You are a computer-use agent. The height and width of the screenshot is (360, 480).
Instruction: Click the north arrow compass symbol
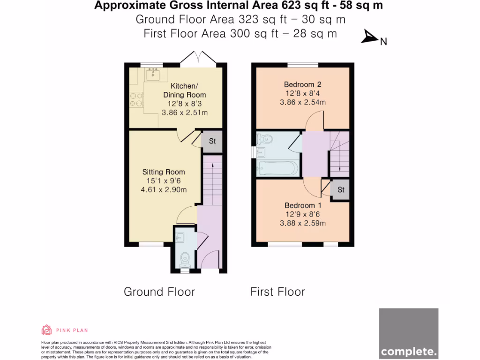[370, 37]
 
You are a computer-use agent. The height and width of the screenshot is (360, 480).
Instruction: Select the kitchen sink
[153, 74]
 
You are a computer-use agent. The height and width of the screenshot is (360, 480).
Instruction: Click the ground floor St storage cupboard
[212, 141]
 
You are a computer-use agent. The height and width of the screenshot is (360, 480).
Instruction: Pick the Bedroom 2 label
[302, 85]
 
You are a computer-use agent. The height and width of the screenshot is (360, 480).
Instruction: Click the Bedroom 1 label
[302, 206]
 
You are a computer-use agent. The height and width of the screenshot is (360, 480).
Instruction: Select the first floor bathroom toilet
[265, 139]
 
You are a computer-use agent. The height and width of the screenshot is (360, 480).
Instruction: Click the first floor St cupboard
[341, 190]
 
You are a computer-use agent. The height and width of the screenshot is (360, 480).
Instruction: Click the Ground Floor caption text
[159, 292]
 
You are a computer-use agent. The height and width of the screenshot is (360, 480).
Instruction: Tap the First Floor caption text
[277, 292]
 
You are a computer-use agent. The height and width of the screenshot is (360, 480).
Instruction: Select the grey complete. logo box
[408, 333]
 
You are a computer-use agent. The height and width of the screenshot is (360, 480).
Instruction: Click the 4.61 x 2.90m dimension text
[164, 190]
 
